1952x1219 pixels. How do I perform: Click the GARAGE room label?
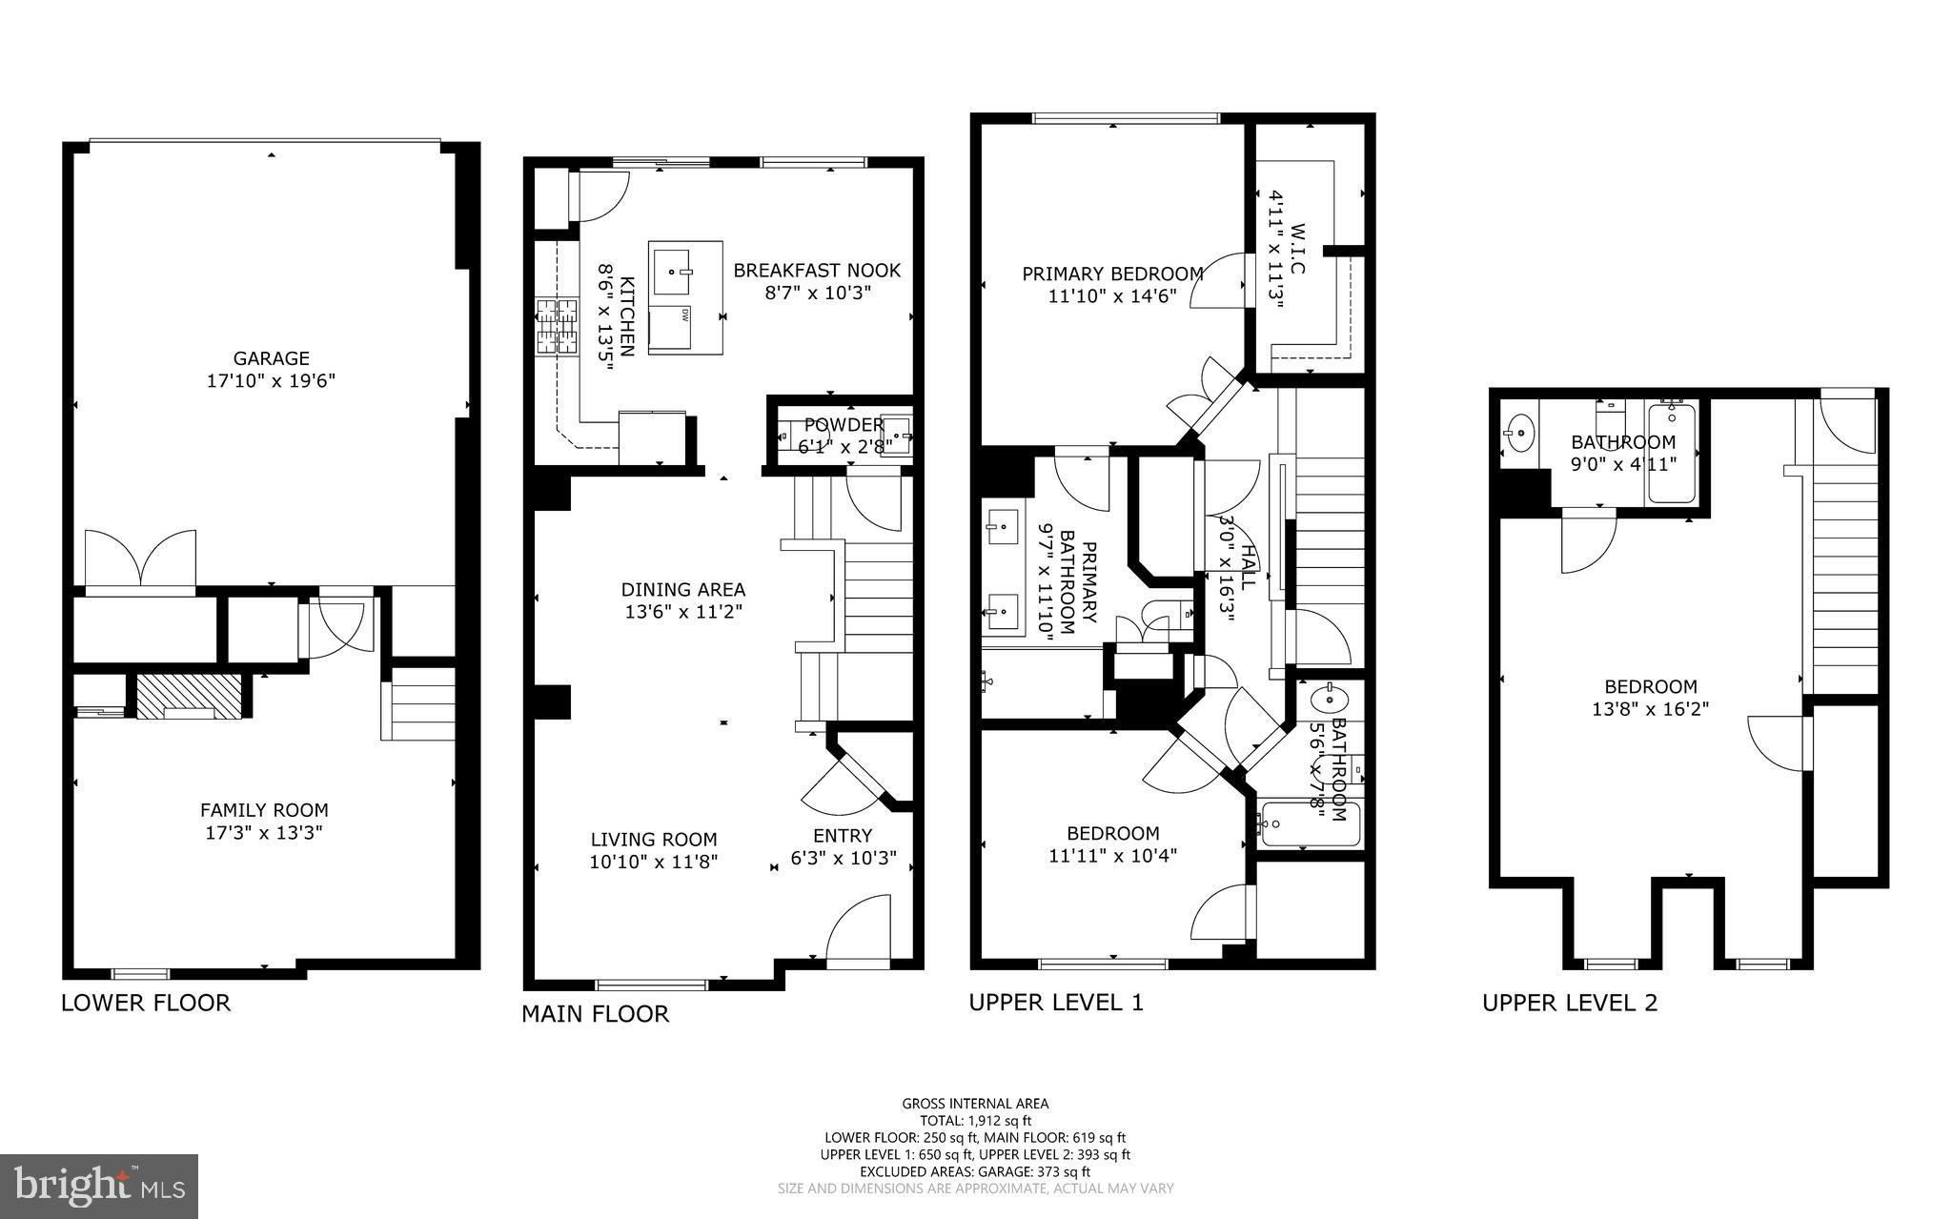(x=272, y=358)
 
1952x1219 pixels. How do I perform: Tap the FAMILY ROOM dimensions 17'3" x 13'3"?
(x=264, y=833)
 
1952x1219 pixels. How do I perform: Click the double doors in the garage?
(x=141, y=559)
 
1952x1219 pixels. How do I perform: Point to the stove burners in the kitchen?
(x=558, y=326)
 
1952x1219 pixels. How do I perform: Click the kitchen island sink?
(x=675, y=270)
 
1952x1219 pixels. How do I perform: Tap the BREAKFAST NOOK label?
(x=817, y=271)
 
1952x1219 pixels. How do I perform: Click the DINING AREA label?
(x=683, y=590)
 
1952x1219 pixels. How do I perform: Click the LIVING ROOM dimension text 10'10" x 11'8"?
(x=654, y=863)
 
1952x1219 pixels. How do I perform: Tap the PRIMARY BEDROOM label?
(x=1112, y=274)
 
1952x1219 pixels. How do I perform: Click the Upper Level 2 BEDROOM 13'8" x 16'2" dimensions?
(x=1651, y=709)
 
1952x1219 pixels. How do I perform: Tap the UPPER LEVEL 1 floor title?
(x=1055, y=1003)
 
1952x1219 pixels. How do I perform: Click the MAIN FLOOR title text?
(x=595, y=1014)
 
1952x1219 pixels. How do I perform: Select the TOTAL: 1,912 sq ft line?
(x=975, y=1121)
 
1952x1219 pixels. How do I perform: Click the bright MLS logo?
(x=99, y=1186)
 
